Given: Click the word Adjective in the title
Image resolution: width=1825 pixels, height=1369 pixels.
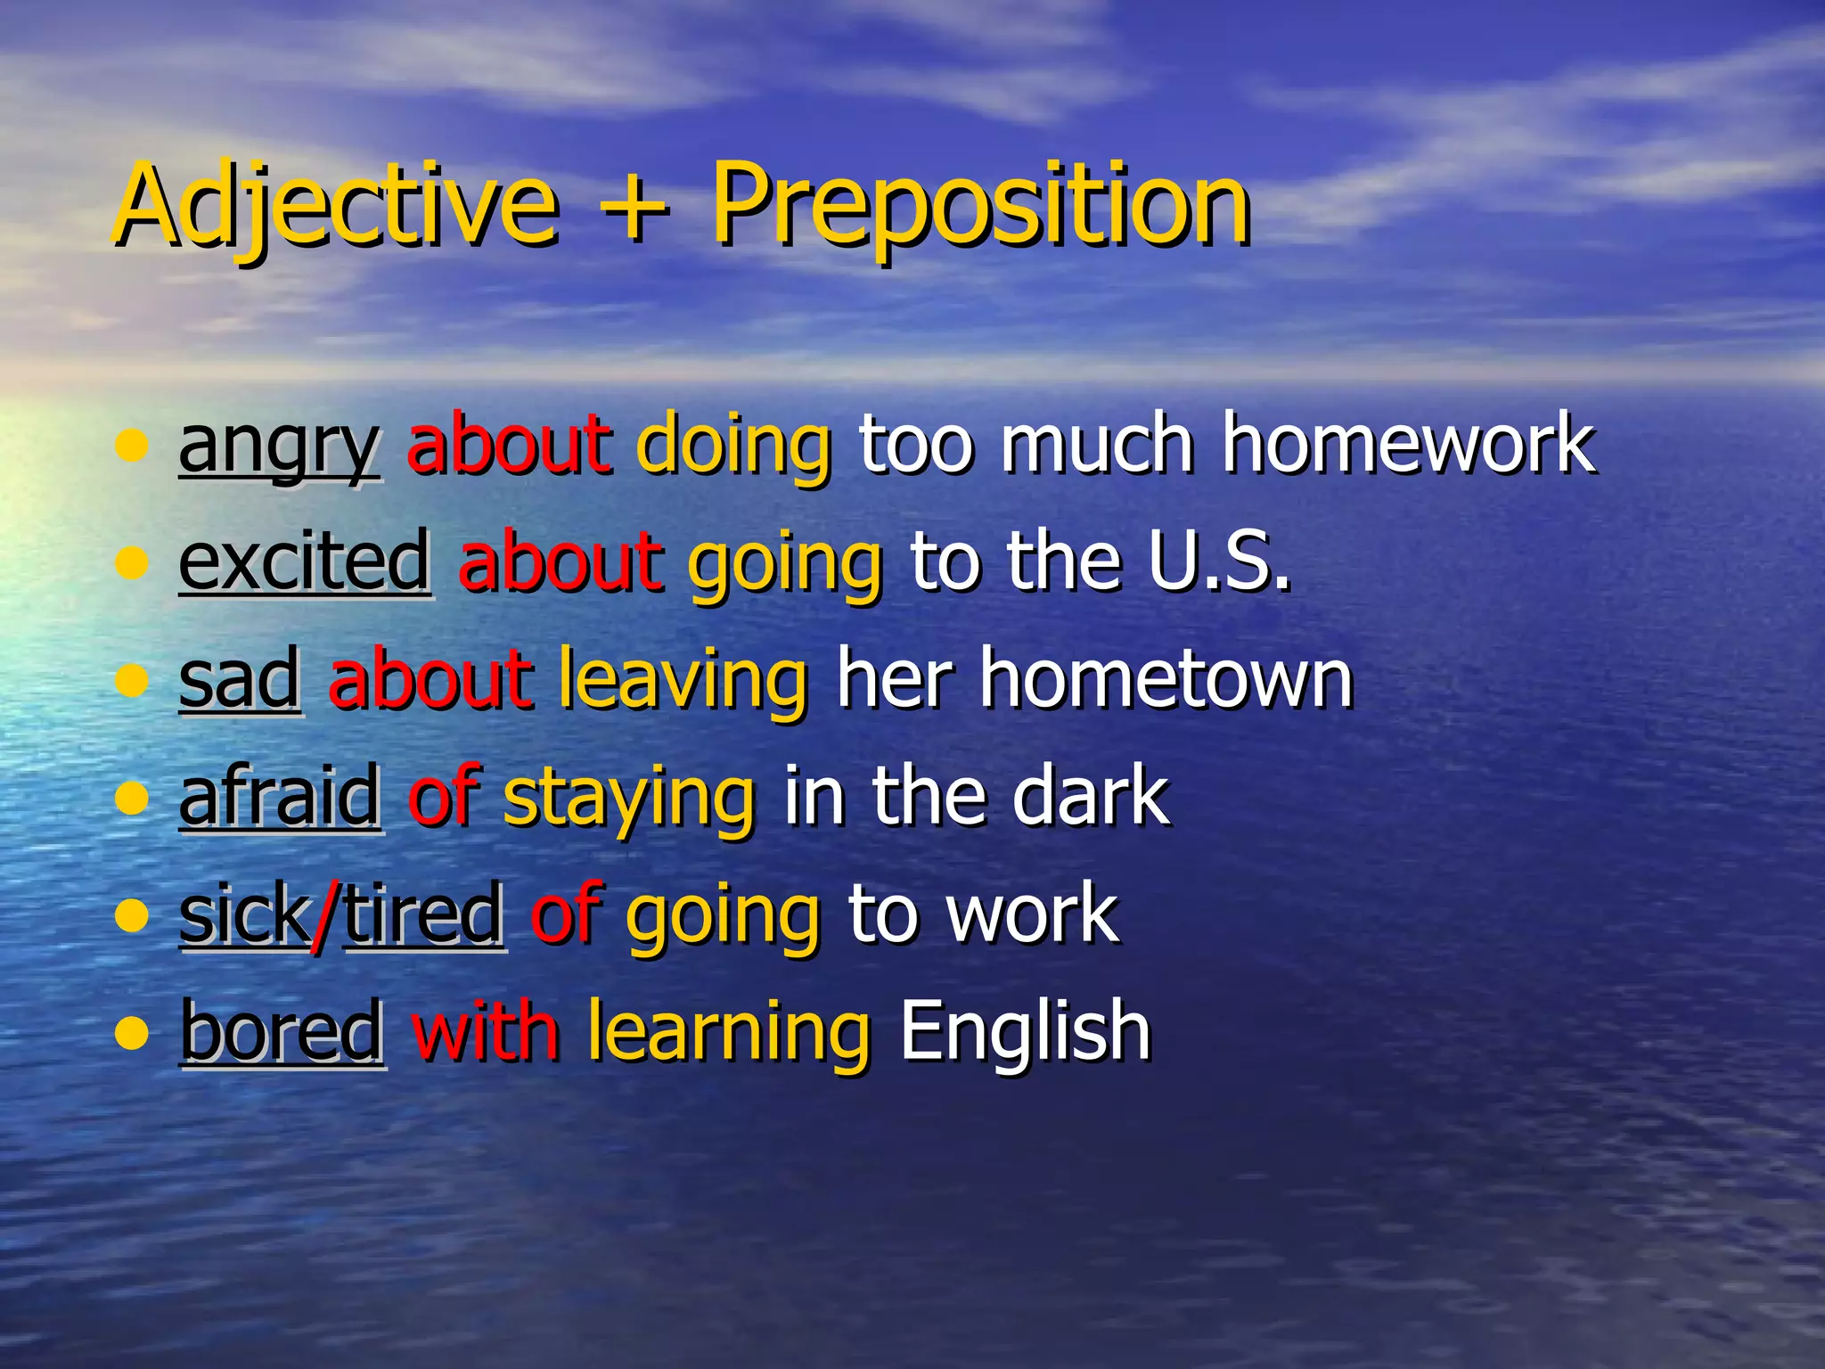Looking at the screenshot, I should (x=336, y=207).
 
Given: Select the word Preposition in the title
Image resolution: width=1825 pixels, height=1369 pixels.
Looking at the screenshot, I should (x=980, y=207).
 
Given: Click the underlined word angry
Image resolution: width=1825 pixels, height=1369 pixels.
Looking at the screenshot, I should (x=279, y=446).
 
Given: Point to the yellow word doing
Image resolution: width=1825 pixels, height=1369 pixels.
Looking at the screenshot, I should (x=733, y=446).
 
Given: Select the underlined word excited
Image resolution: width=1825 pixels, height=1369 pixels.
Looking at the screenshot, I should (x=305, y=562).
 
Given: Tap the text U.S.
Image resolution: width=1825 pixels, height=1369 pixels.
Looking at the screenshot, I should (x=1218, y=562).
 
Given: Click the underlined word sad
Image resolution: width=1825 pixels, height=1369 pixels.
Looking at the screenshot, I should (x=240, y=679).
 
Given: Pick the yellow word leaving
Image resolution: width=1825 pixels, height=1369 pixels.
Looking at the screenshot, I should (x=683, y=679).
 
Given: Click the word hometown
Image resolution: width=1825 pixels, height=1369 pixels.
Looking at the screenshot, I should (x=1166, y=679).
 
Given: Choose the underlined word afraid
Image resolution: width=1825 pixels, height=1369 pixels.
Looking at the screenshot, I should (x=280, y=796).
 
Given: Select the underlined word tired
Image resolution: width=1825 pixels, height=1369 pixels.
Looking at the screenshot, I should (x=424, y=914).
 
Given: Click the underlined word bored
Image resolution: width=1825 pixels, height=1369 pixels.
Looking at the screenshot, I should (x=282, y=1031).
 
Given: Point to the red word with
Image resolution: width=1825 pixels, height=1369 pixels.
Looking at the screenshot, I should (x=486, y=1031).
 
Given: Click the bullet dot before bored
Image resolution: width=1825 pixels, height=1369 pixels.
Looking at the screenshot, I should (x=132, y=1033).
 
